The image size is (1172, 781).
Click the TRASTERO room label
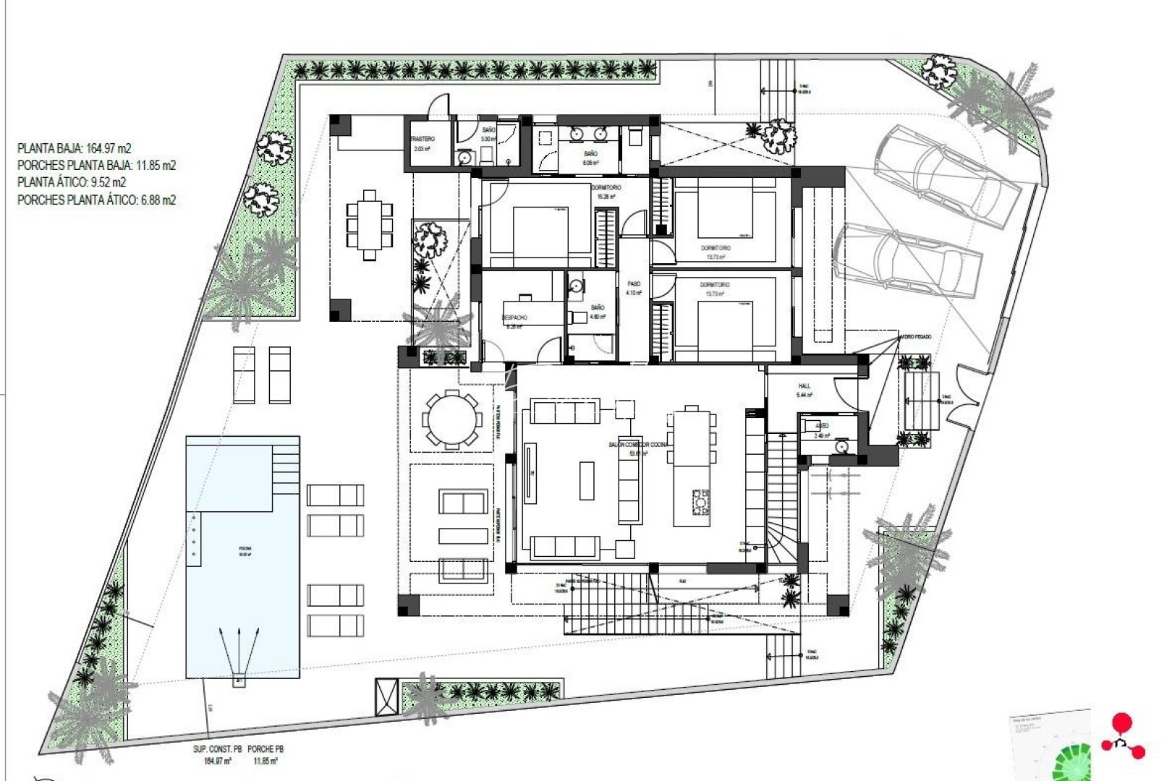click(422, 139)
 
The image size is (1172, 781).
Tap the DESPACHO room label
click(514, 317)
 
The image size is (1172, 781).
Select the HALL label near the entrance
click(804, 386)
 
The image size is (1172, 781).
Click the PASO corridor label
click(634, 284)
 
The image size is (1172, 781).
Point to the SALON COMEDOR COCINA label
click(638, 445)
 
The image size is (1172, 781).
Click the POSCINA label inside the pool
click(245, 550)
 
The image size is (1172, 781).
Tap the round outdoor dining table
click(452, 420)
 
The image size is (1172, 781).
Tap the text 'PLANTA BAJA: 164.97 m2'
click(75, 149)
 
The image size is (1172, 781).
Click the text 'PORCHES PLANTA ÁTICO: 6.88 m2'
click(96, 200)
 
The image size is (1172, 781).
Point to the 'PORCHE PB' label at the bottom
click(264, 750)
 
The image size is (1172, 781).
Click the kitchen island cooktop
click(700, 502)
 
